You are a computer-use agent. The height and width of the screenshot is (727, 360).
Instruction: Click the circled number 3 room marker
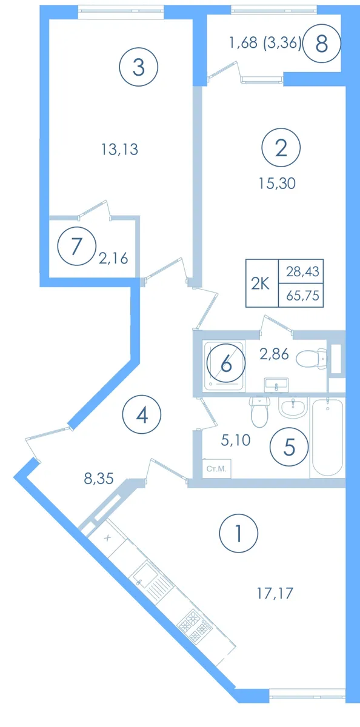pyautogui.click(x=139, y=67)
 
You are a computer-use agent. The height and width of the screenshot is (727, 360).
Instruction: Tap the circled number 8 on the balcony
pyautogui.click(x=322, y=44)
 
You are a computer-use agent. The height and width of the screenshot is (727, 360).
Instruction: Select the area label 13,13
pyautogui.click(x=120, y=150)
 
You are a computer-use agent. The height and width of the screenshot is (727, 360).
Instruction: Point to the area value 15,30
pyautogui.click(x=277, y=184)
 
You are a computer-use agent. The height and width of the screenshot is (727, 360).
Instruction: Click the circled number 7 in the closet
pyautogui.click(x=76, y=247)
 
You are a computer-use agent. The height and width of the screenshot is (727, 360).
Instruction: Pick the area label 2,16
pyautogui.click(x=113, y=259)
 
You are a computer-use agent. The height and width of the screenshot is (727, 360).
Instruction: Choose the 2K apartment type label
pyautogui.click(x=261, y=284)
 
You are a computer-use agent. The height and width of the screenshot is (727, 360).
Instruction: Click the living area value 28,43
pyautogui.click(x=302, y=271)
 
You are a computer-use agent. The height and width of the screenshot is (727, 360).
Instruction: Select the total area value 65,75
pyautogui.click(x=303, y=296)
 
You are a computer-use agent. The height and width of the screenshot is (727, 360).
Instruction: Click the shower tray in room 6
pyautogui.click(x=224, y=365)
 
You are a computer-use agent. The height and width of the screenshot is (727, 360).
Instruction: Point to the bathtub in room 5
pyautogui.click(x=327, y=437)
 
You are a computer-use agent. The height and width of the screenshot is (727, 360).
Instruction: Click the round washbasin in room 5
pyautogui.click(x=293, y=408)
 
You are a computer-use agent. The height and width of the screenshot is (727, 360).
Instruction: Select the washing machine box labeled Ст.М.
pyautogui.click(x=216, y=468)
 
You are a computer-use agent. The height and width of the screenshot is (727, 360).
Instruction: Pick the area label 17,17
pyautogui.click(x=275, y=594)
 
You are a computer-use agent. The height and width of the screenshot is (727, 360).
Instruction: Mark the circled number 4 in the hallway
pyautogui.click(x=142, y=414)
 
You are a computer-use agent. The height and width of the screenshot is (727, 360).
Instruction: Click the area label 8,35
pyautogui.click(x=99, y=479)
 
